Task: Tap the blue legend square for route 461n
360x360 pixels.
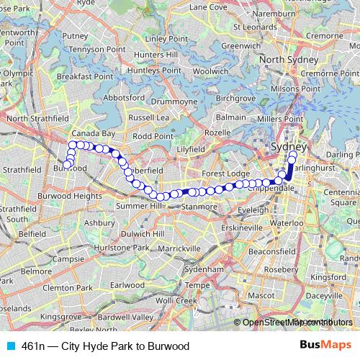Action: coord(7,346)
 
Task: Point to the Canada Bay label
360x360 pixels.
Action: coord(92,134)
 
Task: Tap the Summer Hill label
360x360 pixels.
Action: coord(139,206)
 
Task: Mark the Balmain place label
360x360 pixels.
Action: coord(231,116)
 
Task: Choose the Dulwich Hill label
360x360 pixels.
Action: coord(145,233)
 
